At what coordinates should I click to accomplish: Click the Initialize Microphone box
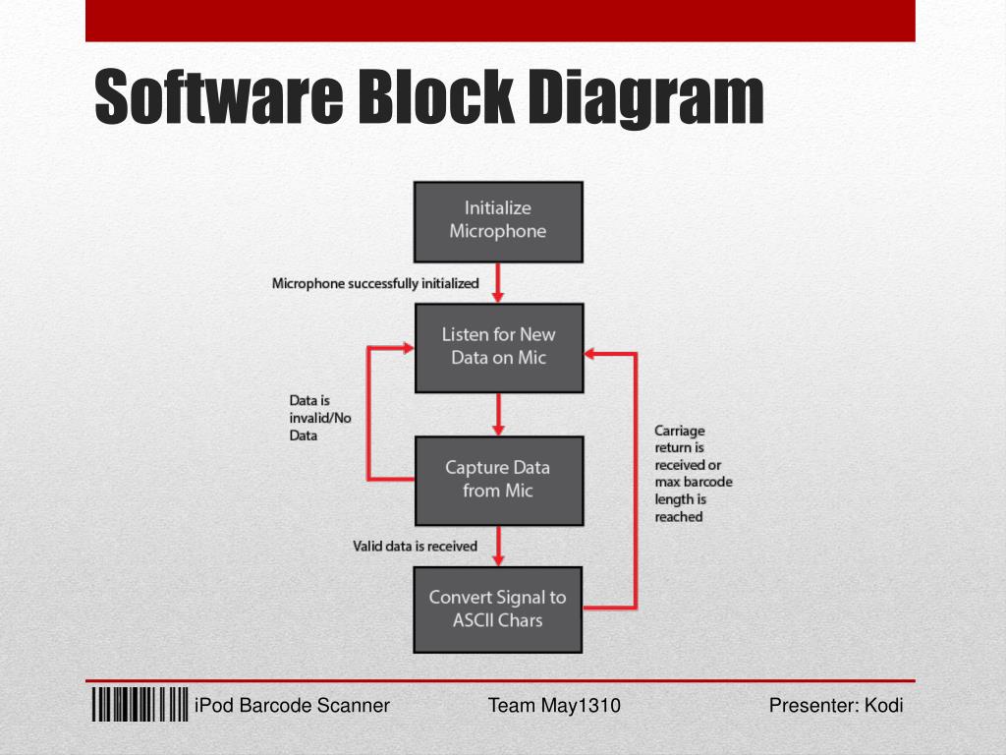(498, 220)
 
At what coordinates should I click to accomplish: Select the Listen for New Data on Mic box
(498, 347)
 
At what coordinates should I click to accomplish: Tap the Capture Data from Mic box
(498, 480)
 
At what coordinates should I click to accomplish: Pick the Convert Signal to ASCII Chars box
(498, 609)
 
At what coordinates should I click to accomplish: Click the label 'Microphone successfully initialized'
(375, 284)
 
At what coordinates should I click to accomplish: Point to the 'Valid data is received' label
(415, 546)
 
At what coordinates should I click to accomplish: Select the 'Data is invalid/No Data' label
(319, 418)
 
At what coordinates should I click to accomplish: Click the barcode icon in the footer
(140, 705)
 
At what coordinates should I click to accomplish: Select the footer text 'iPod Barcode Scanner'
(293, 706)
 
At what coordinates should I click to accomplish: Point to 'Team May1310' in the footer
(554, 706)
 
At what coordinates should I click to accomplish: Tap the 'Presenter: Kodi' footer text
(836, 706)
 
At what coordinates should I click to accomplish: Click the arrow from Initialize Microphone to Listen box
(498, 282)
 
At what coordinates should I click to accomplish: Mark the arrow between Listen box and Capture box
(498, 414)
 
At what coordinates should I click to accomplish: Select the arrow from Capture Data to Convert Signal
(498, 545)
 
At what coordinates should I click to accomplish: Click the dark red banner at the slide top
(500, 20)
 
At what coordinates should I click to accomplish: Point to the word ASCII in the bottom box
(475, 620)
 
